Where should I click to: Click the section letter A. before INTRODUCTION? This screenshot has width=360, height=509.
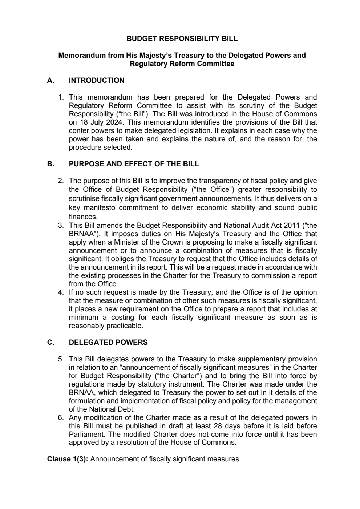[51, 81]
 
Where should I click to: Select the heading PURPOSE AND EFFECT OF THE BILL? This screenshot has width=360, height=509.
[134, 164]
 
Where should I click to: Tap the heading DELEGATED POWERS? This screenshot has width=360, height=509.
[108, 342]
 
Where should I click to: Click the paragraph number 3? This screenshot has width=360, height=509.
[61, 225]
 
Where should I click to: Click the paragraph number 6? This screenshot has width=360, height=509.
[61, 418]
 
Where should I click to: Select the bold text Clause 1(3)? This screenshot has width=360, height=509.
[68, 459]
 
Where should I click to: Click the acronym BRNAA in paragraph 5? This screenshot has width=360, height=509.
[80, 393]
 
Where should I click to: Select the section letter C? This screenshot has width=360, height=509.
[51, 342]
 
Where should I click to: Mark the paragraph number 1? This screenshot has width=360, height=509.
[61, 97]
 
